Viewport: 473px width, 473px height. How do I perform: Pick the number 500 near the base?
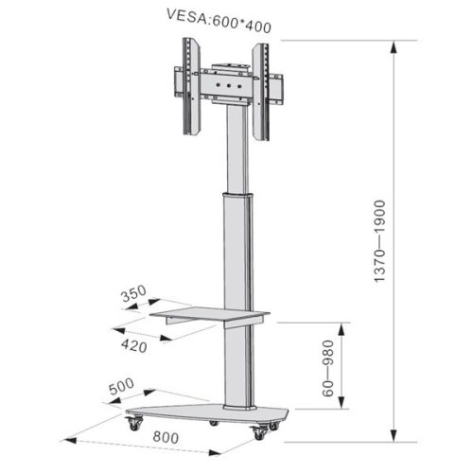click(x=121, y=387)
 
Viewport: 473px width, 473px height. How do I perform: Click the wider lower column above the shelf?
click(x=237, y=251)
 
